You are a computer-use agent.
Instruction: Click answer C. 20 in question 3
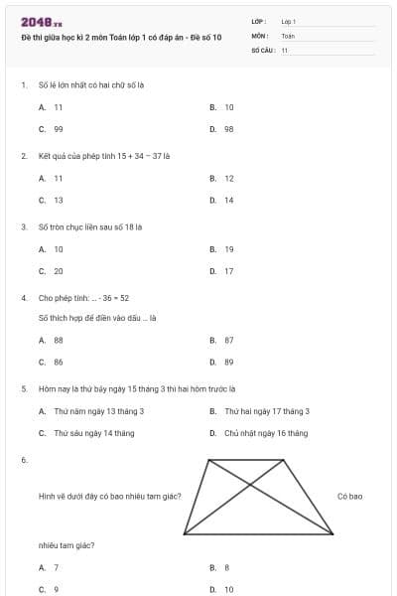click(52, 270)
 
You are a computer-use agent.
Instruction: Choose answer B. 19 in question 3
click(222, 248)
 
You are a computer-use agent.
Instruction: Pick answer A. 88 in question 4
click(52, 340)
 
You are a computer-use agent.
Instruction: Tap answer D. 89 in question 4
click(222, 363)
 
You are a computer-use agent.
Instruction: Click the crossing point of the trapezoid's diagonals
click(248, 488)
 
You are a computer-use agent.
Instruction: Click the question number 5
click(23, 388)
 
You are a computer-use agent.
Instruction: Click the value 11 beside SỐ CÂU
click(285, 49)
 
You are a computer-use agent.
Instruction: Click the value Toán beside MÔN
click(288, 35)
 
